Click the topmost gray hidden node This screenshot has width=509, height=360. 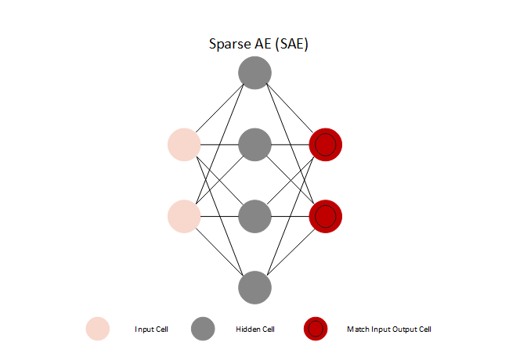click(254, 74)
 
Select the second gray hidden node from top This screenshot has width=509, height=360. click(254, 145)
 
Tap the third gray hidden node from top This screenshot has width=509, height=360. click(254, 215)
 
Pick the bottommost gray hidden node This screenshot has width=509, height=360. click(254, 286)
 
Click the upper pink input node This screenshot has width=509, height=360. click(184, 145)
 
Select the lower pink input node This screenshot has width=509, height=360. click(184, 215)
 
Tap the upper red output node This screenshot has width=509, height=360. click(325, 145)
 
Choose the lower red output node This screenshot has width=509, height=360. click(325, 215)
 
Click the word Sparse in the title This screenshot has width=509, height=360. click(227, 45)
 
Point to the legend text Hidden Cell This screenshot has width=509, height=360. click(254, 329)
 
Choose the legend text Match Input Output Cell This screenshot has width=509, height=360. click(389, 329)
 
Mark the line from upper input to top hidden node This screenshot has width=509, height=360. click(219, 110)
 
